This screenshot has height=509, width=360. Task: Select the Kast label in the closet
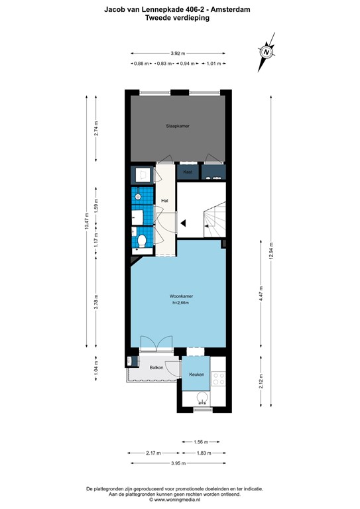pyautogui.click(x=188, y=172)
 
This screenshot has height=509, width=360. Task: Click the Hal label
pyautogui.click(x=166, y=201)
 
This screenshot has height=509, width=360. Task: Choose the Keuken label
pyautogui.click(x=196, y=375)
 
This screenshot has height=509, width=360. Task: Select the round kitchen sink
pyautogui.click(x=202, y=398)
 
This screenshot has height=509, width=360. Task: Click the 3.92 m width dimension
pyautogui.click(x=177, y=53)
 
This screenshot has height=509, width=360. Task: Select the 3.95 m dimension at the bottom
pyautogui.click(x=178, y=463)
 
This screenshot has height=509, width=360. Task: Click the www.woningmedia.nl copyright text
pyautogui.click(x=178, y=500)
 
